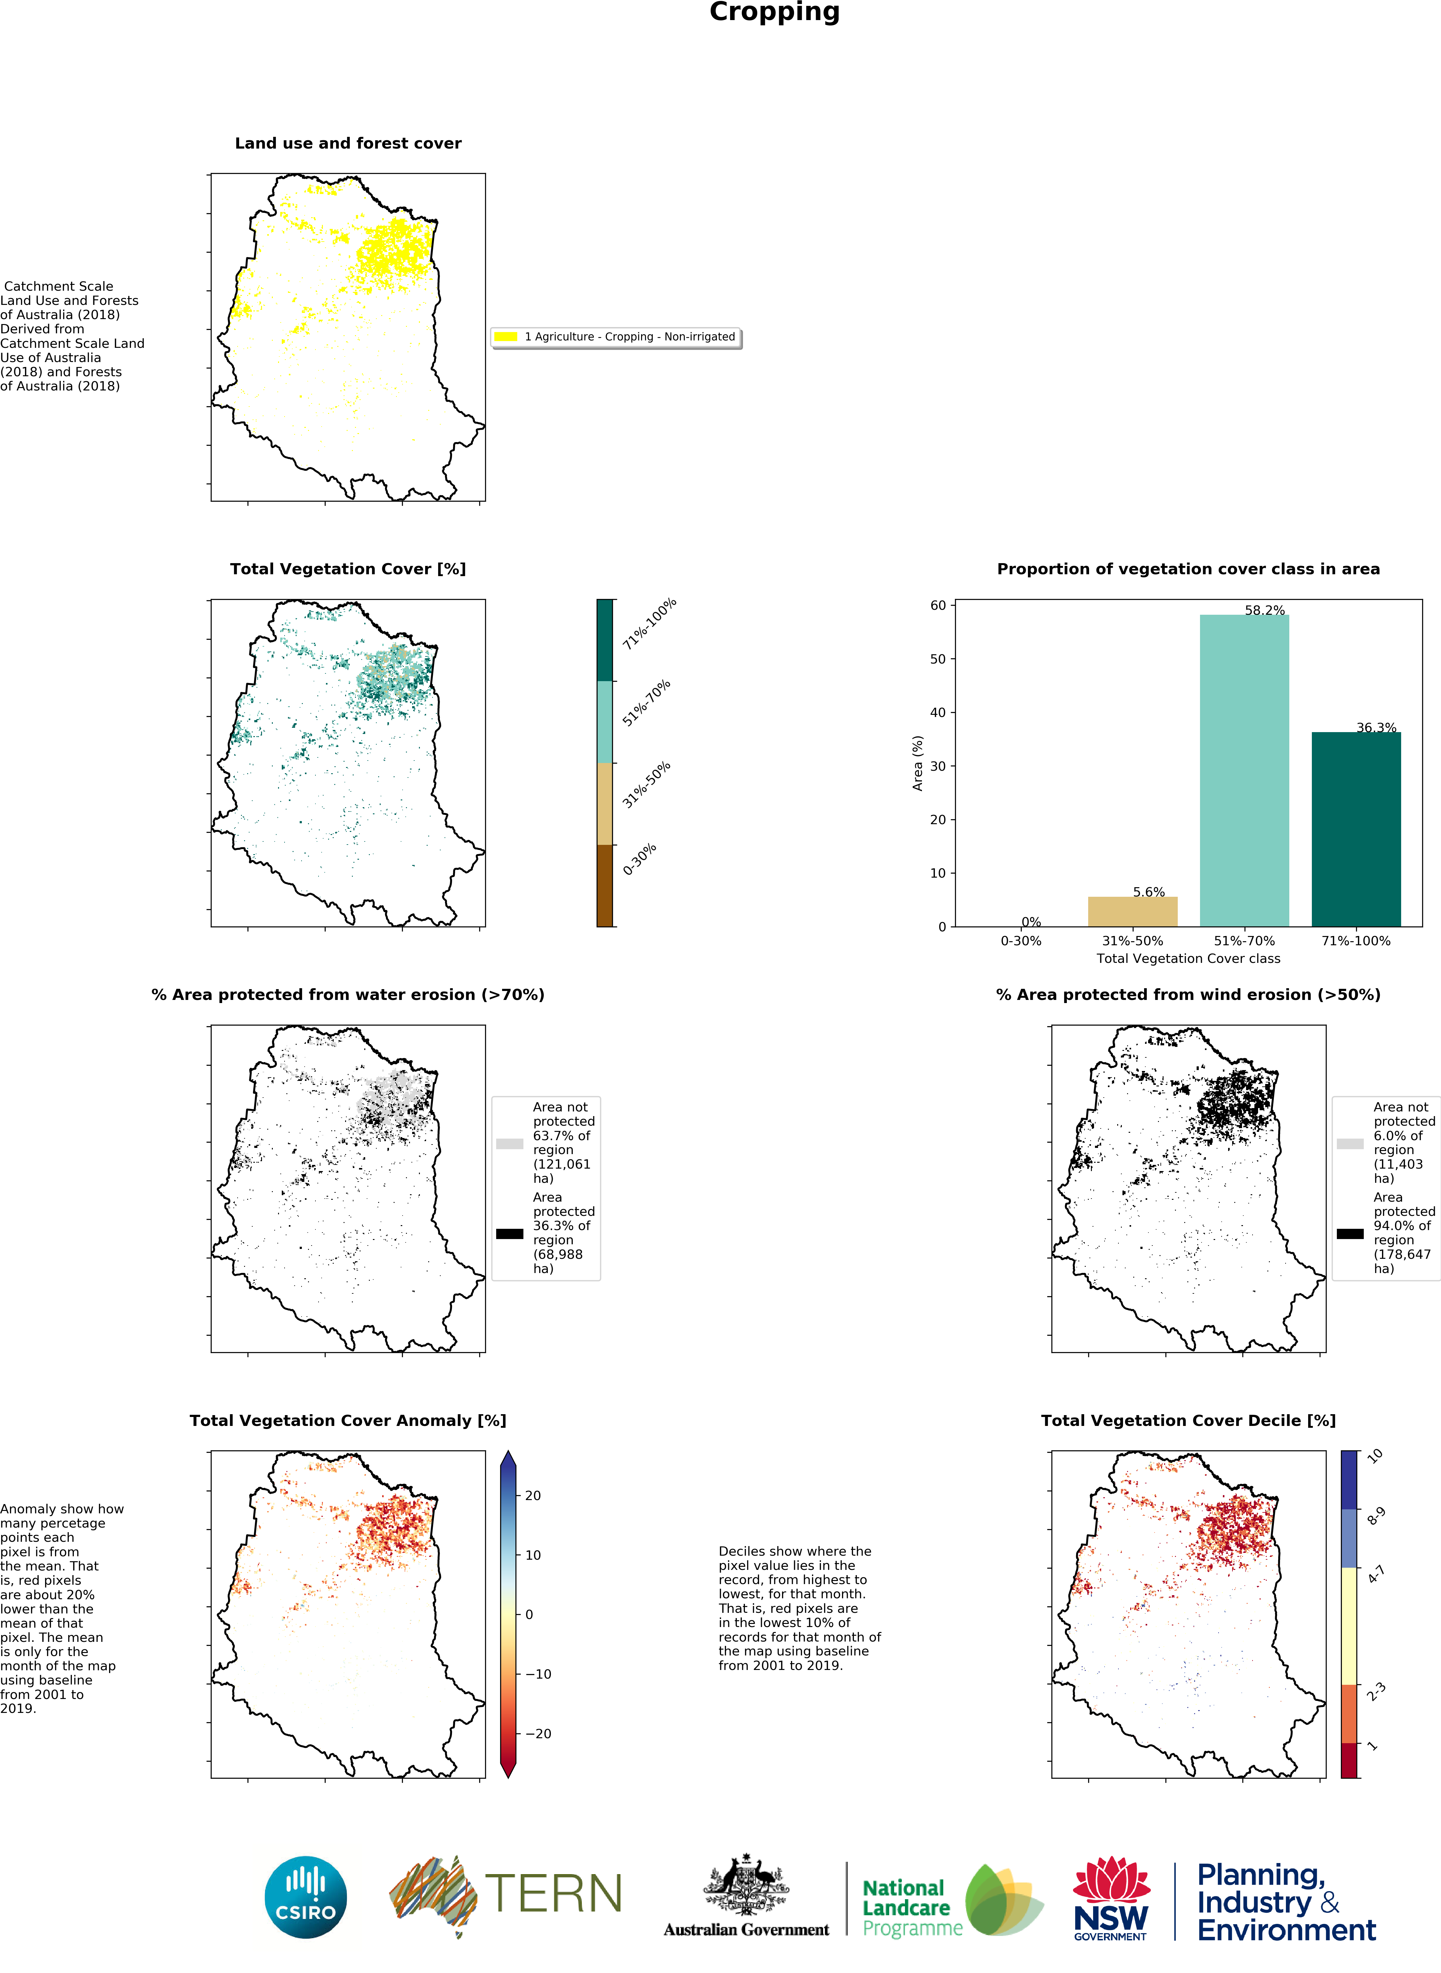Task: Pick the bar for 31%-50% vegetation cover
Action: click(1132, 912)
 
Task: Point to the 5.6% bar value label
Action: click(1149, 892)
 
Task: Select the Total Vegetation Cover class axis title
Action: click(1188, 959)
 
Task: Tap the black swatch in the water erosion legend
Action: click(509, 1233)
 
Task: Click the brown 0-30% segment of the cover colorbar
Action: click(605, 885)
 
